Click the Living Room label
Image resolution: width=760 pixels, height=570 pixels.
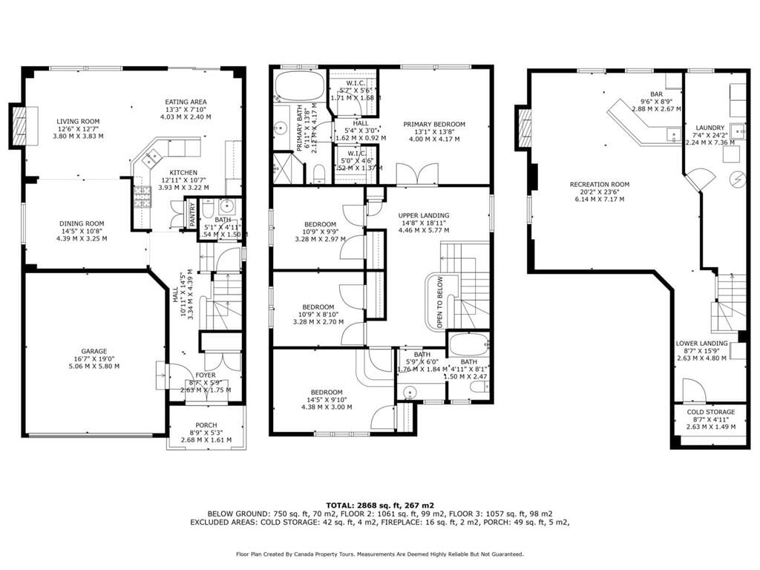click(x=78, y=122)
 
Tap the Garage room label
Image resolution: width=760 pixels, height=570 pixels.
click(x=94, y=352)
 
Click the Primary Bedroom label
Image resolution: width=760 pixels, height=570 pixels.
click(x=434, y=124)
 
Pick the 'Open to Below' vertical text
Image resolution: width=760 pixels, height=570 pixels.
click(x=439, y=302)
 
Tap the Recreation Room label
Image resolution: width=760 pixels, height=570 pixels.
click(x=600, y=184)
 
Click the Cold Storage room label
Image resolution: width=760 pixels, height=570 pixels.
click(x=710, y=412)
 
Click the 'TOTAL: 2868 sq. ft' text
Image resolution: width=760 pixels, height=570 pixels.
click(x=380, y=504)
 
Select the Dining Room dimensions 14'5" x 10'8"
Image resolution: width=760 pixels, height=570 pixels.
click(x=82, y=231)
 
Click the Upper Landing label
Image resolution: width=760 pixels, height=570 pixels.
click(x=424, y=215)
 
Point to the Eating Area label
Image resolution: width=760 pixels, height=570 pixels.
click(x=186, y=102)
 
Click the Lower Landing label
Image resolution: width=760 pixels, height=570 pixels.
click(x=701, y=344)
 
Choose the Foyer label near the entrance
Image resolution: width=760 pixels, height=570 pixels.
click(x=206, y=376)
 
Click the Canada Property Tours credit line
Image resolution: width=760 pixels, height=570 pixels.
click(x=380, y=554)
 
